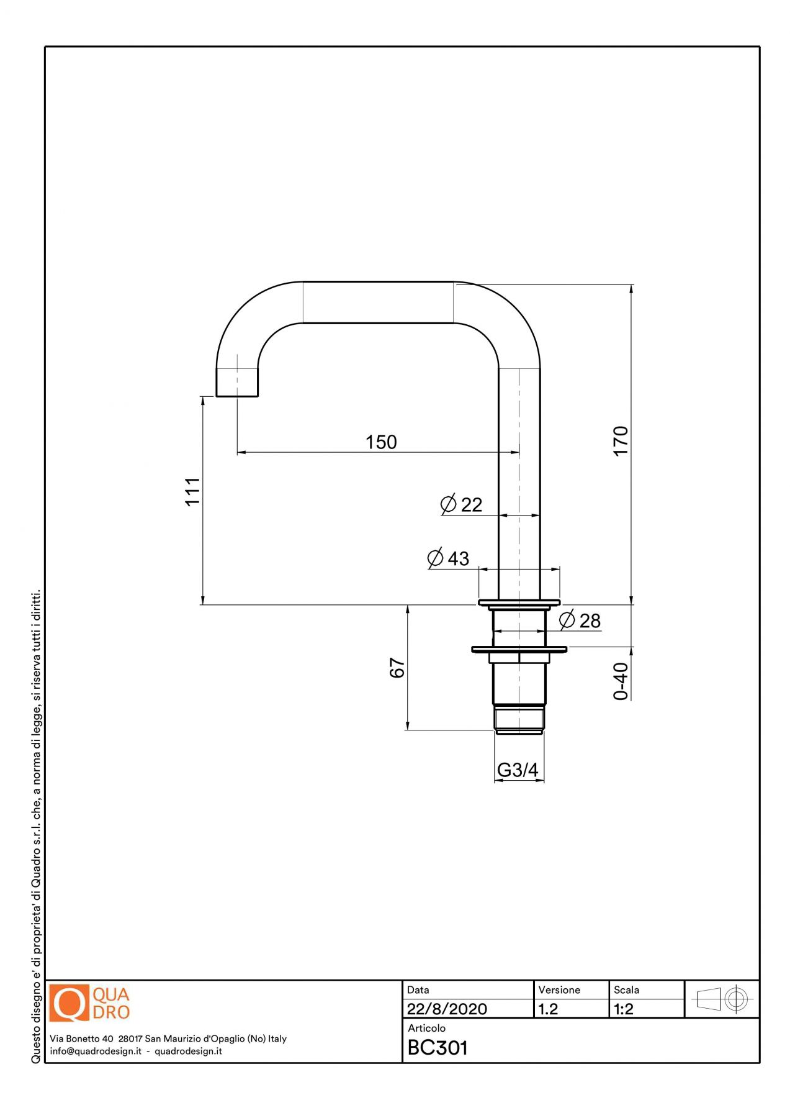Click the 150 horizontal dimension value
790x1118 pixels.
(x=380, y=442)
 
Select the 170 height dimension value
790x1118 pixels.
(x=621, y=440)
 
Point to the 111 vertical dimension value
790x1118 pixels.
(x=192, y=491)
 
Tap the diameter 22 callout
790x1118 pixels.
(x=462, y=504)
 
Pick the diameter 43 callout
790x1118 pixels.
(x=449, y=558)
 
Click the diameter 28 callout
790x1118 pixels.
(x=580, y=620)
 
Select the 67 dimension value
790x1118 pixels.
(x=397, y=668)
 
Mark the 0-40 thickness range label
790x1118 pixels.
(x=621, y=681)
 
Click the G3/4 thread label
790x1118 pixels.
(x=518, y=770)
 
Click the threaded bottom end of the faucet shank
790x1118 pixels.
(x=519, y=719)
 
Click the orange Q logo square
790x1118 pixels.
(x=69, y=1003)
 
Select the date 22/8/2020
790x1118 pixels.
(x=447, y=1009)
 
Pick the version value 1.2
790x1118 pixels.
(x=548, y=1009)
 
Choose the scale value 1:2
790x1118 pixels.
(x=624, y=1009)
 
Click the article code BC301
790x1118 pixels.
(x=438, y=1048)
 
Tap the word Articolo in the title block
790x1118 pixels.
(x=426, y=1028)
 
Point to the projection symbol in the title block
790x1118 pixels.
(x=722, y=999)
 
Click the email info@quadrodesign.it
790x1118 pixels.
(x=96, y=1051)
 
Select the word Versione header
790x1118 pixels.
(x=559, y=990)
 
